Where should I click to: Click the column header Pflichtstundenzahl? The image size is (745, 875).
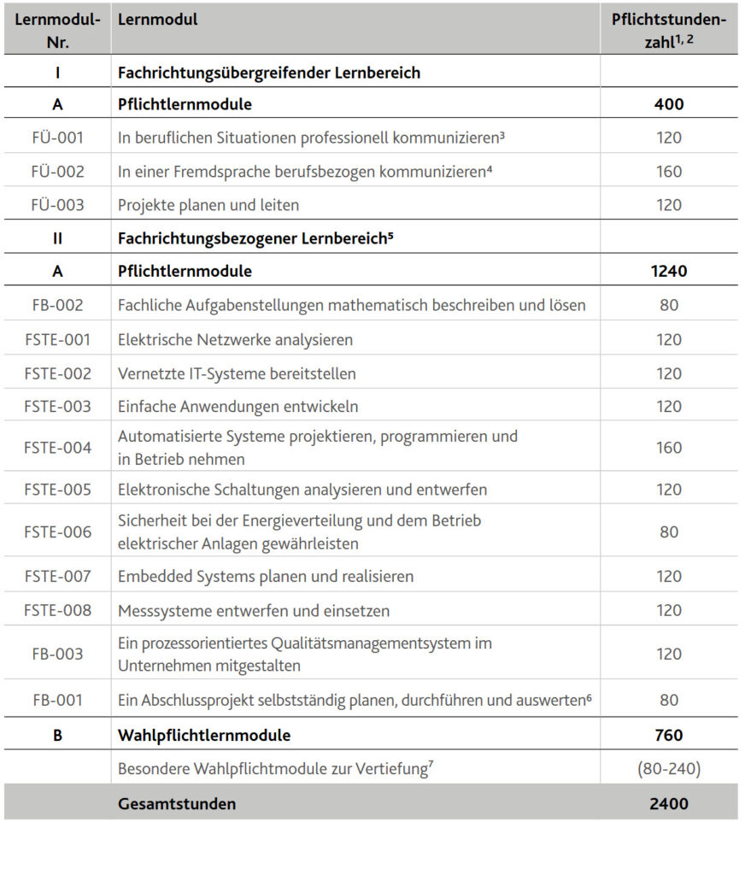(668, 30)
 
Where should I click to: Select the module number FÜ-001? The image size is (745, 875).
(57, 138)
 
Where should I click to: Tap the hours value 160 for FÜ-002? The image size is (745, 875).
(669, 172)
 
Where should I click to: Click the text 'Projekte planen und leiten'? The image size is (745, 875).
(208, 205)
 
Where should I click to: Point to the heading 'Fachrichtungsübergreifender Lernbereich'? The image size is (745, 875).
(269, 73)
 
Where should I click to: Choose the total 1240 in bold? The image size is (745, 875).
(669, 272)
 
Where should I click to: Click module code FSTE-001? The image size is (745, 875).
(57, 340)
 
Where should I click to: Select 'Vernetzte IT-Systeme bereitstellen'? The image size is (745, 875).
(237, 373)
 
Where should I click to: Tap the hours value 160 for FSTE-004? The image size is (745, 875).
(669, 448)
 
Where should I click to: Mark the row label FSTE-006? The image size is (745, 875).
(57, 532)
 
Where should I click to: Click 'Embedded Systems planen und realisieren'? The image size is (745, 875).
(266, 577)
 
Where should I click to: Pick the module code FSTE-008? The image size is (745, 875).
(57, 611)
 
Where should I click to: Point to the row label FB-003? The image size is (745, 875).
(57, 655)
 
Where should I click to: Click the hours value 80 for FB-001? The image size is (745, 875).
(669, 701)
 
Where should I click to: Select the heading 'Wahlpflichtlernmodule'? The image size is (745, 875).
(204, 735)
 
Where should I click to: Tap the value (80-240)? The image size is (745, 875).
(669, 769)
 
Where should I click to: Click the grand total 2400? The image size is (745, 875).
(669, 803)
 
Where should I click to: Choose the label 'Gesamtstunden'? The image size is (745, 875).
(177, 803)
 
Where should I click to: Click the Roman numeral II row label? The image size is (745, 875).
(57, 238)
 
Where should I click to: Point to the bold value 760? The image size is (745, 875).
(669, 735)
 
